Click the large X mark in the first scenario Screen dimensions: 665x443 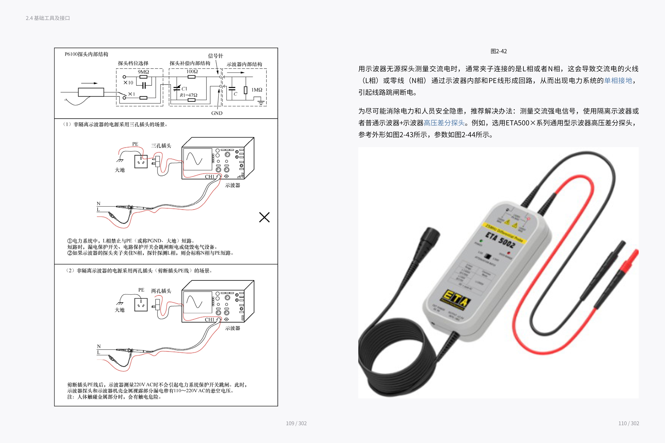(264, 217)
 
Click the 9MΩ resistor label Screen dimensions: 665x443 (143, 72)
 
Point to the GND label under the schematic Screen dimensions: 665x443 (217, 113)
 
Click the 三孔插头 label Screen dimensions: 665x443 (161, 146)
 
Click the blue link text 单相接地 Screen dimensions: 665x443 (618, 80)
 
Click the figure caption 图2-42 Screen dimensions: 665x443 (499, 51)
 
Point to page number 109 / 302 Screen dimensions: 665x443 (296, 423)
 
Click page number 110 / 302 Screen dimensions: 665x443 (628, 423)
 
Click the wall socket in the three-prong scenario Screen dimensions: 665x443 (141, 162)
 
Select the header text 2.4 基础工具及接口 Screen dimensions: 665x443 (48, 18)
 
